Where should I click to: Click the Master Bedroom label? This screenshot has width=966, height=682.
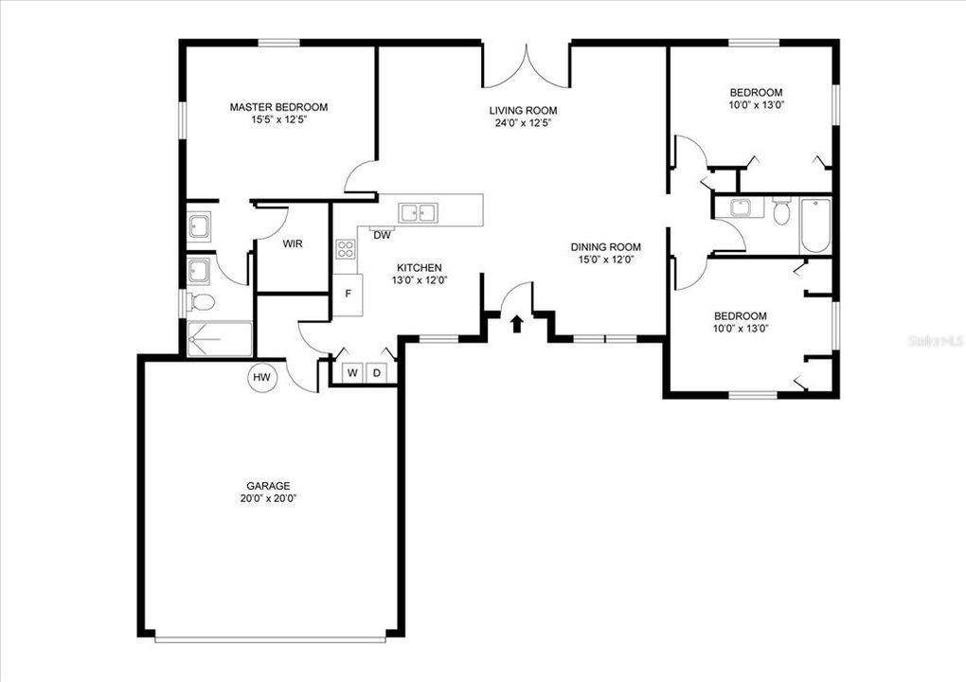(278, 107)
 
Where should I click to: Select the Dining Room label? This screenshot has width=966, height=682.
(606, 246)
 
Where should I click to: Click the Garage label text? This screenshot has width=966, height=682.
(270, 485)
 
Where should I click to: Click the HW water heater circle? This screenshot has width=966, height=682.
(262, 378)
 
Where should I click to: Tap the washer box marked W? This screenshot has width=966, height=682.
(351, 373)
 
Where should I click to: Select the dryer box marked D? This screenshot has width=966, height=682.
(376, 373)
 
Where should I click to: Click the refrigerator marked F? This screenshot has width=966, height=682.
(348, 294)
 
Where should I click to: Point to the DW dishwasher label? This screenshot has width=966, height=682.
(383, 236)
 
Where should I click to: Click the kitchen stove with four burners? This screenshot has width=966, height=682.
(346, 250)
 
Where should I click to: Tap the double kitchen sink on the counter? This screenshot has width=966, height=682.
(418, 213)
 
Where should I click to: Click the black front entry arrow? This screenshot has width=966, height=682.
(517, 325)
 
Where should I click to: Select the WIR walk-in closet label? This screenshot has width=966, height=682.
(293, 243)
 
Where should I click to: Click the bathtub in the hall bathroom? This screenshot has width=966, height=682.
(814, 225)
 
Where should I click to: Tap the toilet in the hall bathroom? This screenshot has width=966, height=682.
(781, 211)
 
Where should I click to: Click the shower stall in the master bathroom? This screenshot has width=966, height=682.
(220, 339)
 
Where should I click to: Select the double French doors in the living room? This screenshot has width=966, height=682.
(526, 68)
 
